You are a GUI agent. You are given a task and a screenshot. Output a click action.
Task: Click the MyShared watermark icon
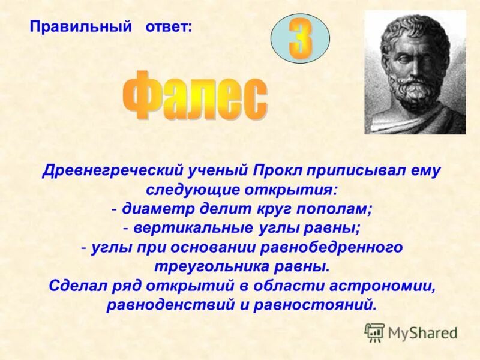pyautogui.click(x=375, y=332)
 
